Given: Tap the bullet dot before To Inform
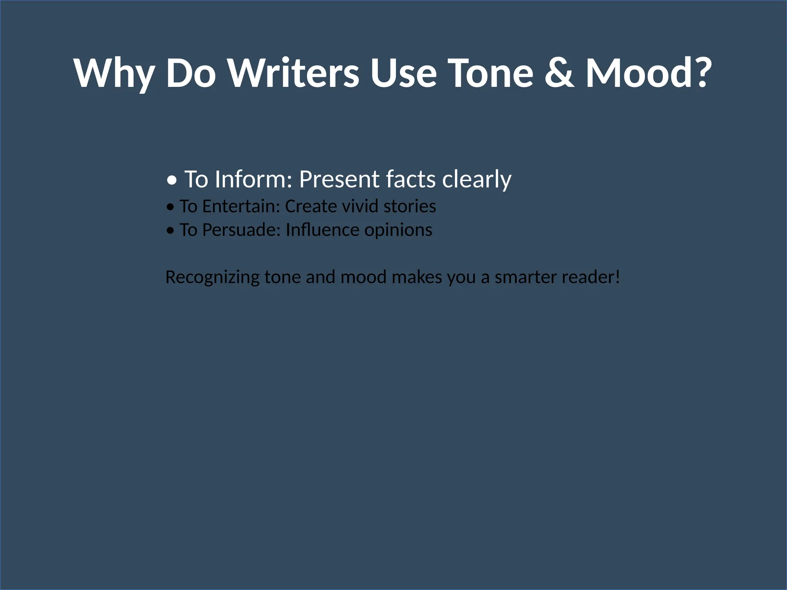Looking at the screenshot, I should [x=173, y=180].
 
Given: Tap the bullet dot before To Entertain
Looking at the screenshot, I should [x=170, y=207].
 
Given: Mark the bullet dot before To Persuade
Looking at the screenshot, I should [x=170, y=231].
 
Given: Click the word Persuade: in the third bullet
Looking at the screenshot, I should [x=241, y=230].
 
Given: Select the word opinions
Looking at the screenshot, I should [x=398, y=230].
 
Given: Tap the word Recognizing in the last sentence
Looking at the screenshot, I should [x=213, y=277].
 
